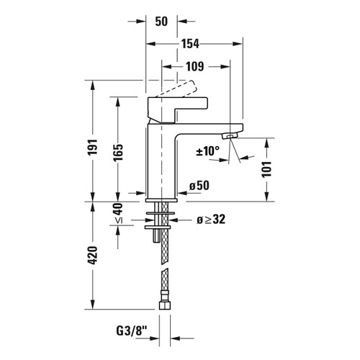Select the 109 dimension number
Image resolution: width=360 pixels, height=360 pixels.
(x=189, y=67)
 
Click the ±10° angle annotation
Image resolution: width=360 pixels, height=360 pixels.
(x=207, y=151)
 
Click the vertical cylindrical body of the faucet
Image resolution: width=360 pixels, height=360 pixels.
(x=161, y=162)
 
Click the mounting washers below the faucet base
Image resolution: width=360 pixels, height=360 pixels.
(x=163, y=220)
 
